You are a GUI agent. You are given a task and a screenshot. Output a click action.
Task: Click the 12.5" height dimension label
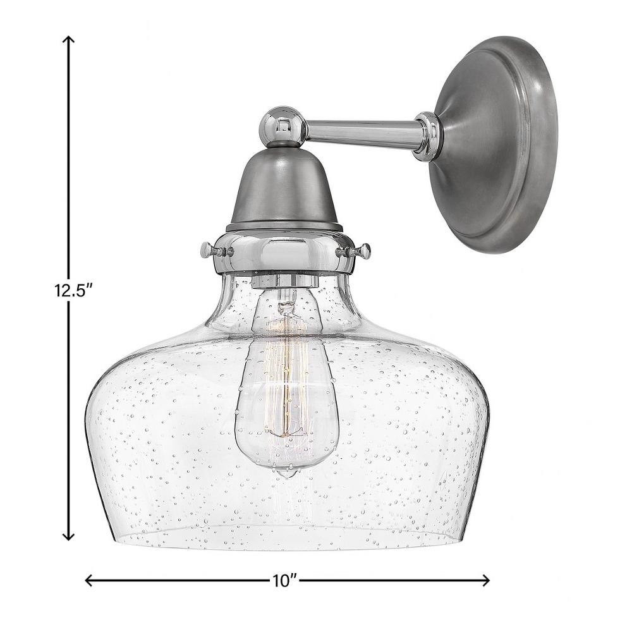point(71,291)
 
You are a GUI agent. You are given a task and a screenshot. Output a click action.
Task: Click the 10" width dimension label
point(284,581)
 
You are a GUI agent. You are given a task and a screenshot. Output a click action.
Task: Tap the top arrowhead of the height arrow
point(70,40)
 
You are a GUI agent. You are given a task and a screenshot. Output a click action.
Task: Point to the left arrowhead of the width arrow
point(90,580)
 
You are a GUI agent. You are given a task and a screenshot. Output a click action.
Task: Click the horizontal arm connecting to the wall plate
point(363,131)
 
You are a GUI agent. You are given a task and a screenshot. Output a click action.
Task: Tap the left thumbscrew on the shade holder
point(216,251)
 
